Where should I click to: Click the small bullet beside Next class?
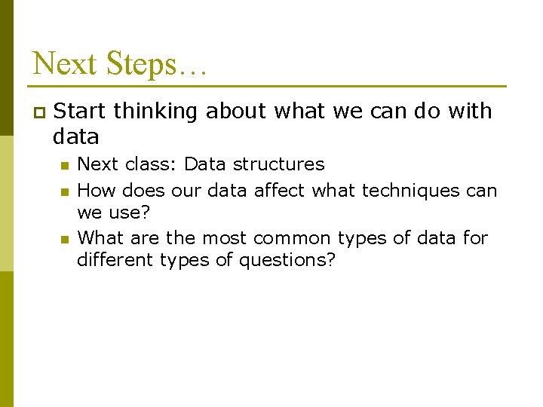(x=65, y=165)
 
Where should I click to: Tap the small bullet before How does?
(x=65, y=191)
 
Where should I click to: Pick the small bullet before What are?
(x=65, y=239)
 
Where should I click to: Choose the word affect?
(x=281, y=191)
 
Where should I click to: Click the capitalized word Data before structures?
(x=206, y=164)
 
